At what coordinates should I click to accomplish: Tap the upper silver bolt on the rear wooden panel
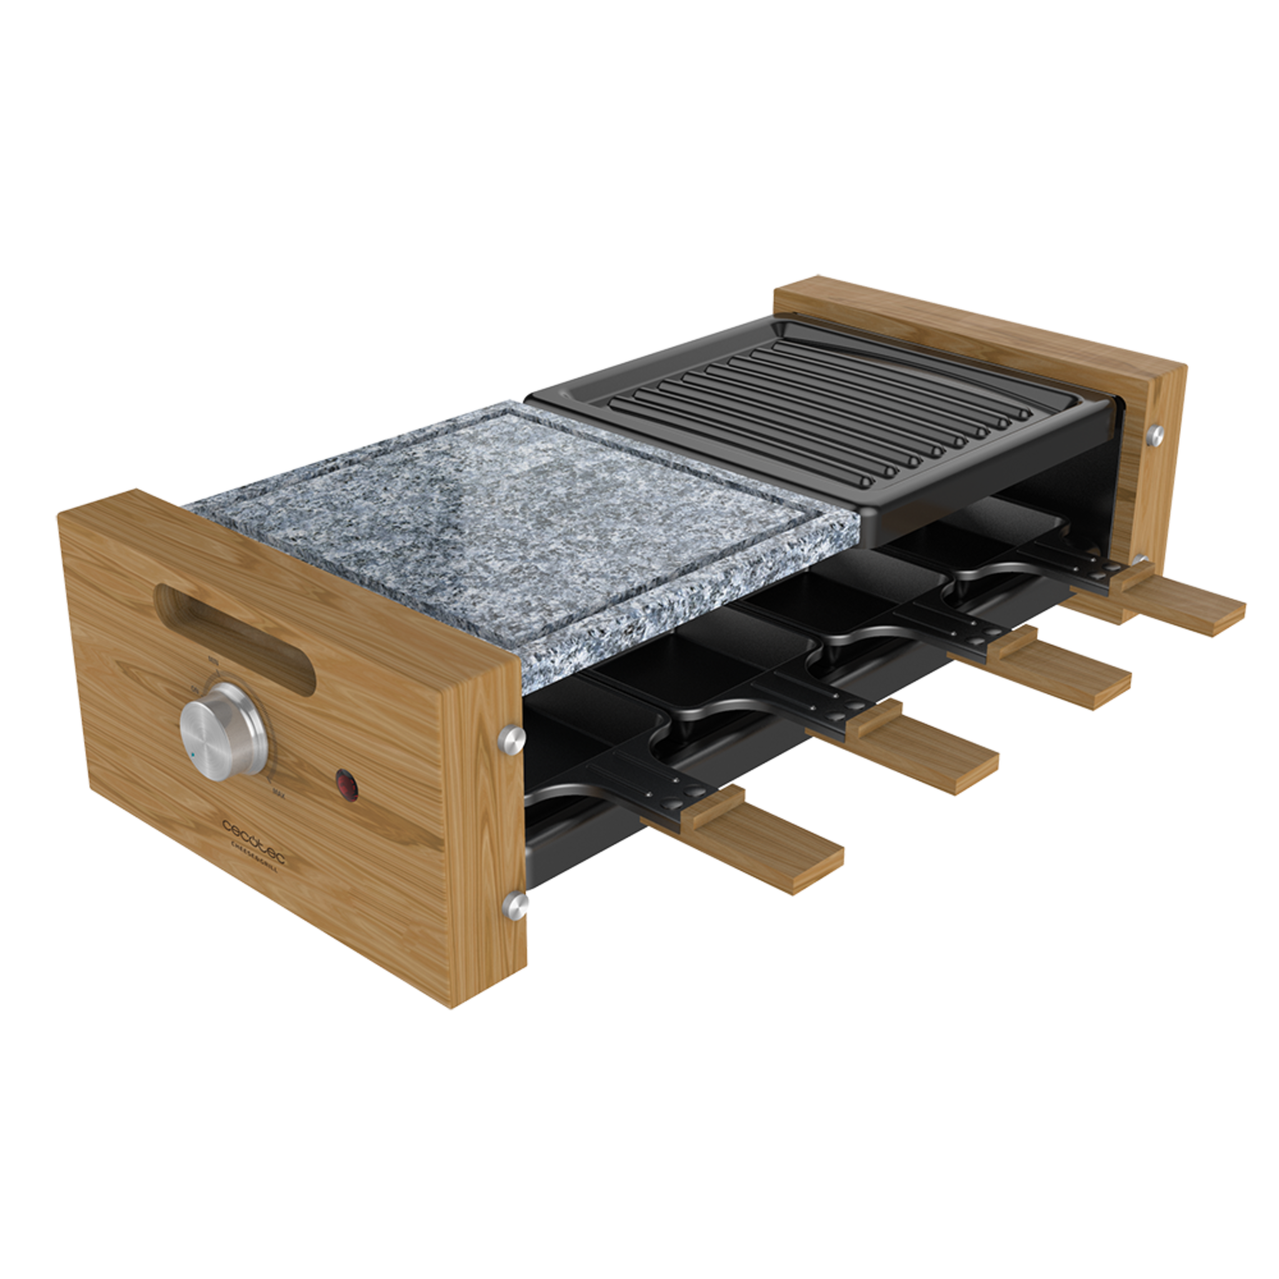click(x=1156, y=433)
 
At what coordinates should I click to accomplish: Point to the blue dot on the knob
click(x=190, y=754)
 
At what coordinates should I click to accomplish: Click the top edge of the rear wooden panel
click(x=980, y=318)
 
